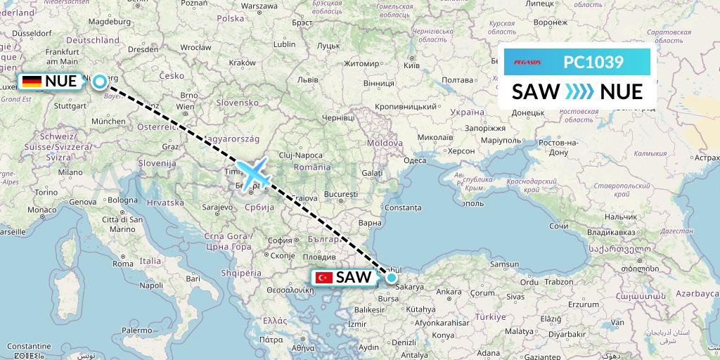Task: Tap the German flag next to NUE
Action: (32, 82)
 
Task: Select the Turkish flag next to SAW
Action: (325, 278)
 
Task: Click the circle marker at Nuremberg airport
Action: (101, 82)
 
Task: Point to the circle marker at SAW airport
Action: (392, 277)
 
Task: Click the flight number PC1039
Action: (593, 63)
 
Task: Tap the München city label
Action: (108, 121)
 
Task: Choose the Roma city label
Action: (123, 264)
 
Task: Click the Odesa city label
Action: (415, 160)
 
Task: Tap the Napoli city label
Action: (150, 285)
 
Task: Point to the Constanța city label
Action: (402, 207)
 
